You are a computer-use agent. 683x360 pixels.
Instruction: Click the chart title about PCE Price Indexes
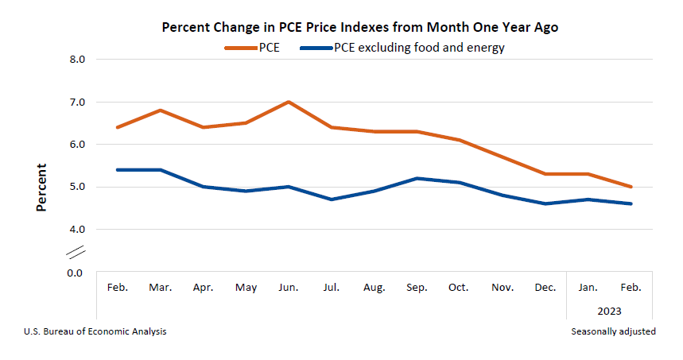[360, 27]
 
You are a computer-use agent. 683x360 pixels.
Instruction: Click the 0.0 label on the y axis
[74, 273]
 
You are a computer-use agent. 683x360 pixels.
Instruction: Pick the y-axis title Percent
[41, 188]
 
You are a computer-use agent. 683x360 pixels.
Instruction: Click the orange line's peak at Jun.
[288, 102]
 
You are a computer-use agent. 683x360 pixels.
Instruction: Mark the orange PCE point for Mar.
[161, 110]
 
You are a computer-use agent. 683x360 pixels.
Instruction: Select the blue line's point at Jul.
[331, 199]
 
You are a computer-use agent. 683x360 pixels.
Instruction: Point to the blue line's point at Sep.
[417, 178]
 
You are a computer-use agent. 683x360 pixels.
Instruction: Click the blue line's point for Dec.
[545, 203]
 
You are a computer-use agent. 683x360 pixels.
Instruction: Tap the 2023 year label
[609, 312]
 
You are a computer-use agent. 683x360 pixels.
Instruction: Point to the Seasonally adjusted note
[613, 331]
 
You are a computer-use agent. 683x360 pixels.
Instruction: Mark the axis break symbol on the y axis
[76, 252]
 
